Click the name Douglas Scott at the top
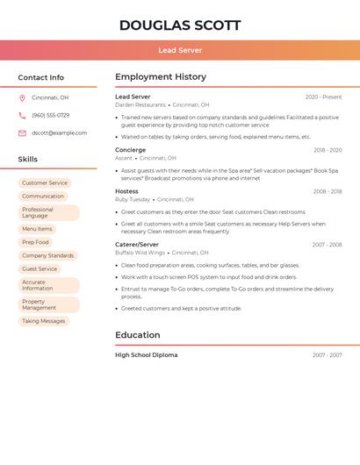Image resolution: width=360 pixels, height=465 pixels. click(x=179, y=25)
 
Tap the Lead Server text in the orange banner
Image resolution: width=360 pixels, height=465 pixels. click(x=179, y=50)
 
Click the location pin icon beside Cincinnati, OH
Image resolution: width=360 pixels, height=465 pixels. click(x=22, y=97)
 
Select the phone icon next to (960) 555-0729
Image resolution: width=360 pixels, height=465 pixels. click(x=22, y=115)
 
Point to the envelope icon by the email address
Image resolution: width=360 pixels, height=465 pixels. click(x=22, y=133)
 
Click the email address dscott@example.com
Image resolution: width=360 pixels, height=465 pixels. click(x=59, y=133)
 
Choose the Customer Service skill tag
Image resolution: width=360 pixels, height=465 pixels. click(x=45, y=183)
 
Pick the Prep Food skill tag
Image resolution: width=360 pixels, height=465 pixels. click(x=35, y=242)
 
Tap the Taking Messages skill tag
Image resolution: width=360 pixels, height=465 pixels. click(x=44, y=321)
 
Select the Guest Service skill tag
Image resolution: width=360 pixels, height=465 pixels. click(x=40, y=268)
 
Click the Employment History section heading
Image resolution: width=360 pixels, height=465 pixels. click(x=161, y=77)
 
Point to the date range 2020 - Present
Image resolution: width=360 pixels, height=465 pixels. click(x=323, y=97)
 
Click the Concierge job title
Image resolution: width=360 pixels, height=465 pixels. click(x=130, y=150)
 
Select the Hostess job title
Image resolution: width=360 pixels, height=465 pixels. click(x=126, y=191)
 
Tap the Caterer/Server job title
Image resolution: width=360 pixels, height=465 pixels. click(x=137, y=245)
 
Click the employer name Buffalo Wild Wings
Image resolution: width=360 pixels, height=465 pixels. click(x=140, y=253)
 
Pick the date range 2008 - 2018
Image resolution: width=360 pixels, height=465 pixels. click(x=327, y=191)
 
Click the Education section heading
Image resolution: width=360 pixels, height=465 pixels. click(x=138, y=335)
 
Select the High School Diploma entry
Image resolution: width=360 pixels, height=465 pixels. click(x=146, y=355)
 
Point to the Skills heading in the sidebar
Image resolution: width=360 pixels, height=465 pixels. click(x=28, y=160)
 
